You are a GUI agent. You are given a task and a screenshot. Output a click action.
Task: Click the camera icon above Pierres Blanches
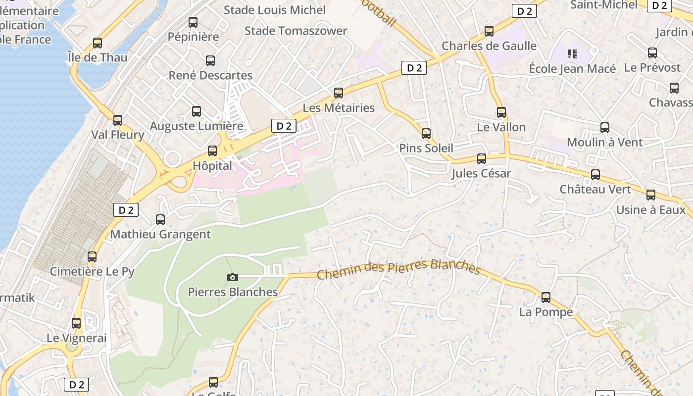[x=232, y=277]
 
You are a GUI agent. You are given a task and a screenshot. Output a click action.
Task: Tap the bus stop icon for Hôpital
[x=212, y=151]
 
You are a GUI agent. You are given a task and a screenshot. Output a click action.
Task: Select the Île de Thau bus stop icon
[x=98, y=43]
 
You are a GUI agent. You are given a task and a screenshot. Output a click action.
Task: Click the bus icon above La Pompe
[x=545, y=297]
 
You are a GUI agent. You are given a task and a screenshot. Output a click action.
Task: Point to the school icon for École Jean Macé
[x=572, y=53]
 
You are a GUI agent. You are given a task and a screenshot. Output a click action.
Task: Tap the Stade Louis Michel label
[x=274, y=10]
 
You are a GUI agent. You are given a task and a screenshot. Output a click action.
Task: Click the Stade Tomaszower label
[x=296, y=31]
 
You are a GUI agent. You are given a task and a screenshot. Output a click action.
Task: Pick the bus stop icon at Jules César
[x=481, y=159]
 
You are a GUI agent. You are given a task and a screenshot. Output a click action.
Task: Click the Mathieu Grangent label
[x=160, y=234]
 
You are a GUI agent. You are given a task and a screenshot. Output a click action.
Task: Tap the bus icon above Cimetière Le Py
[x=92, y=257]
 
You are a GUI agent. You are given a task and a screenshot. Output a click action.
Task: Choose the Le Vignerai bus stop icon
[x=76, y=323]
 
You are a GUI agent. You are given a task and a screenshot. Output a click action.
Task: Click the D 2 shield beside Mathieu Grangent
[x=126, y=210]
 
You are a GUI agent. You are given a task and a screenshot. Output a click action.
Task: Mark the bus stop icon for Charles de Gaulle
[x=489, y=31]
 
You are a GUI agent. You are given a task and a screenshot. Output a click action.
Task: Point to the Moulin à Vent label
[x=604, y=143]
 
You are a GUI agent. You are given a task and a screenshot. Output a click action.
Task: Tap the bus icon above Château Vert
[x=595, y=175]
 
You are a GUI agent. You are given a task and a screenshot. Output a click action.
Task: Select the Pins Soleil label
[x=426, y=148]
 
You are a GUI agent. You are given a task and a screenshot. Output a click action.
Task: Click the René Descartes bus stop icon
[x=210, y=61]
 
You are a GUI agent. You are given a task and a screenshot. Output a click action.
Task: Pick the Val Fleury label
[x=117, y=135]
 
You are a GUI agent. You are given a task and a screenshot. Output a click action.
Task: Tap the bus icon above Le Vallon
[x=501, y=112]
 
